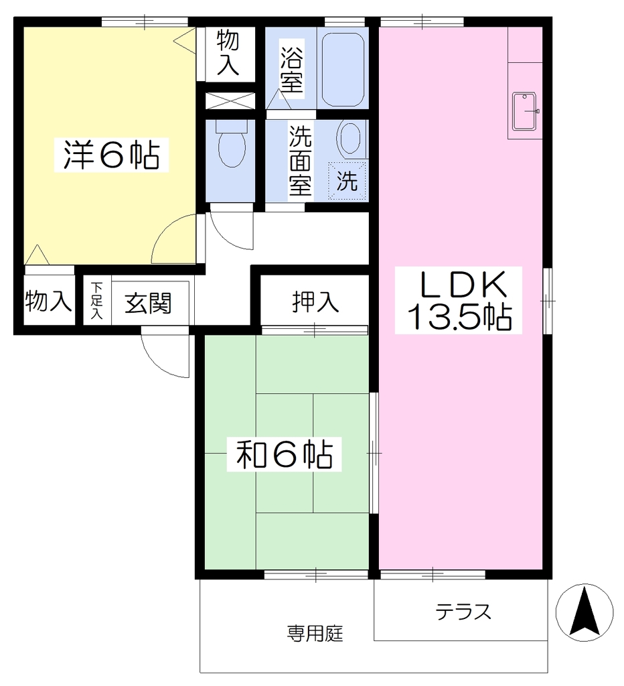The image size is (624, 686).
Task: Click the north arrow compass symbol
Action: click(584, 612)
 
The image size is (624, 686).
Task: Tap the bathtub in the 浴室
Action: click(343, 70)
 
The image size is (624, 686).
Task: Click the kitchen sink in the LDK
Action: click(525, 112)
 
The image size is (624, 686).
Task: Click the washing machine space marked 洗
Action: click(347, 181)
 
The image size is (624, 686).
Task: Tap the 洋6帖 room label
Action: click(112, 155)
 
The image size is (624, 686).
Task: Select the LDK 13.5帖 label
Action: click(459, 300)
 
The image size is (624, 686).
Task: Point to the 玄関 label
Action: click(148, 303)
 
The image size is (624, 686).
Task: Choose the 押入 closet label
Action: click(315, 302)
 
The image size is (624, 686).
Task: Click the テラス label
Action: click(463, 612)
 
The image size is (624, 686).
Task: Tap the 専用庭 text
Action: click(315, 634)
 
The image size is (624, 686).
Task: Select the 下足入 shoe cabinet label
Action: click(96, 301)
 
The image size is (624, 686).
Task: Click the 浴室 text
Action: click(292, 69)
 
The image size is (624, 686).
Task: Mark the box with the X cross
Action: click(230, 100)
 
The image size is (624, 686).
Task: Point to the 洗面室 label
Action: click(300, 161)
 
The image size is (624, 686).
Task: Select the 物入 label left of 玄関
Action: click(48, 301)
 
